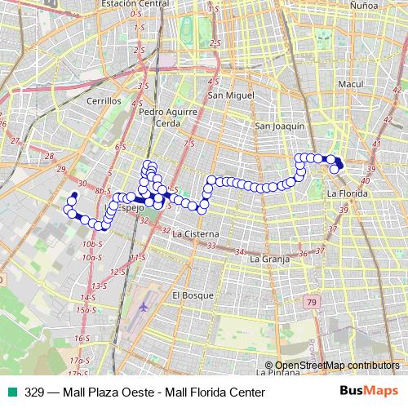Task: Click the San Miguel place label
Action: click(x=226, y=95)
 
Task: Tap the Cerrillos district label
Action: click(x=104, y=101)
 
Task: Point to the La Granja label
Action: click(x=269, y=259)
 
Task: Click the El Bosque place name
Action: click(x=193, y=295)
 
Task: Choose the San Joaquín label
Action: click(x=280, y=126)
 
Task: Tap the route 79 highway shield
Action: click(x=311, y=304)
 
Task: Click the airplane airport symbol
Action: click(x=144, y=308)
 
